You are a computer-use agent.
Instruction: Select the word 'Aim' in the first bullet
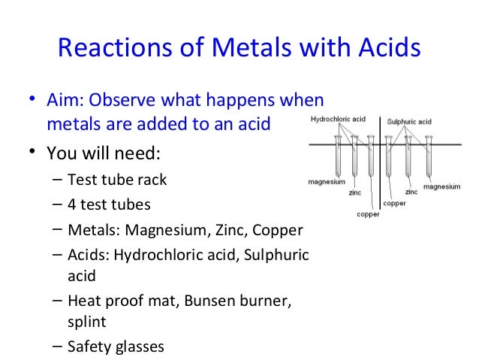click(62, 101)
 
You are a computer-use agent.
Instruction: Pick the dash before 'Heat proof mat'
click(59, 301)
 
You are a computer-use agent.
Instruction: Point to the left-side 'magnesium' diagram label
click(326, 182)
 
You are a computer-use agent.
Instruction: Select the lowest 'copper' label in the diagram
click(367, 213)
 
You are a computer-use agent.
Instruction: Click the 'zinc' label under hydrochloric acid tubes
click(354, 192)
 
